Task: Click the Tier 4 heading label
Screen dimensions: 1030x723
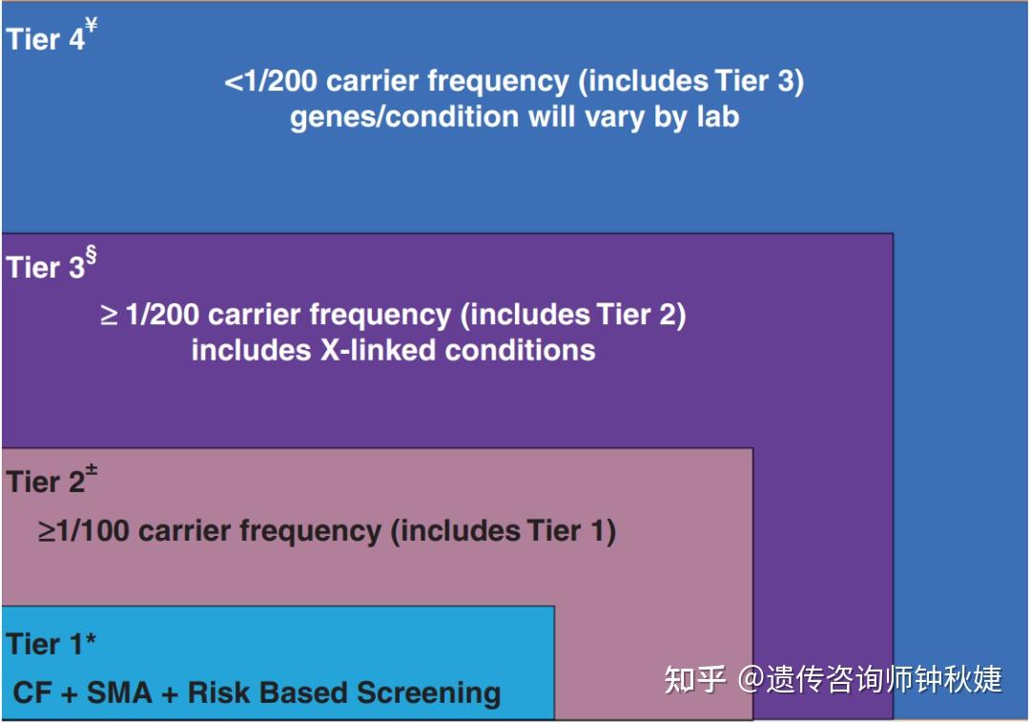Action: tap(46, 39)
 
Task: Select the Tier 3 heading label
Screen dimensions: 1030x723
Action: tap(46, 267)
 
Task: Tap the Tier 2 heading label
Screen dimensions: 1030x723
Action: tap(46, 482)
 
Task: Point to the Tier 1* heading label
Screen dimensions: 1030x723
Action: tap(51, 644)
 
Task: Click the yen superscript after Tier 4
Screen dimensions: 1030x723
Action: tap(92, 26)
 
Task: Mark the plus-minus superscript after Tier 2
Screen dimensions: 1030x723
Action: tap(92, 470)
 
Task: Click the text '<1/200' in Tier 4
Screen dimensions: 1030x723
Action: tap(271, 81)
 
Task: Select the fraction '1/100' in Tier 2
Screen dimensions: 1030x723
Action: tap(93, 531)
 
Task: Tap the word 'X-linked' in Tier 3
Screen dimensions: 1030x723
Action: tap(379, 350)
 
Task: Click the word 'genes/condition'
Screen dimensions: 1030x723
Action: tap(404, 117)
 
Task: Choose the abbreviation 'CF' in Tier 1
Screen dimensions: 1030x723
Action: tap(32, 692)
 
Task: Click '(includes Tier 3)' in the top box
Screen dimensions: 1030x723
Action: tap(691, 82)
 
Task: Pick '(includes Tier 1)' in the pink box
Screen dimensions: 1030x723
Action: tap(504, 532)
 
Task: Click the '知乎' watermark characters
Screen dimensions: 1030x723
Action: tap(694, 680)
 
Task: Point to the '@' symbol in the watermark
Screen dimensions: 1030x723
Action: tap(751, 680)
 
